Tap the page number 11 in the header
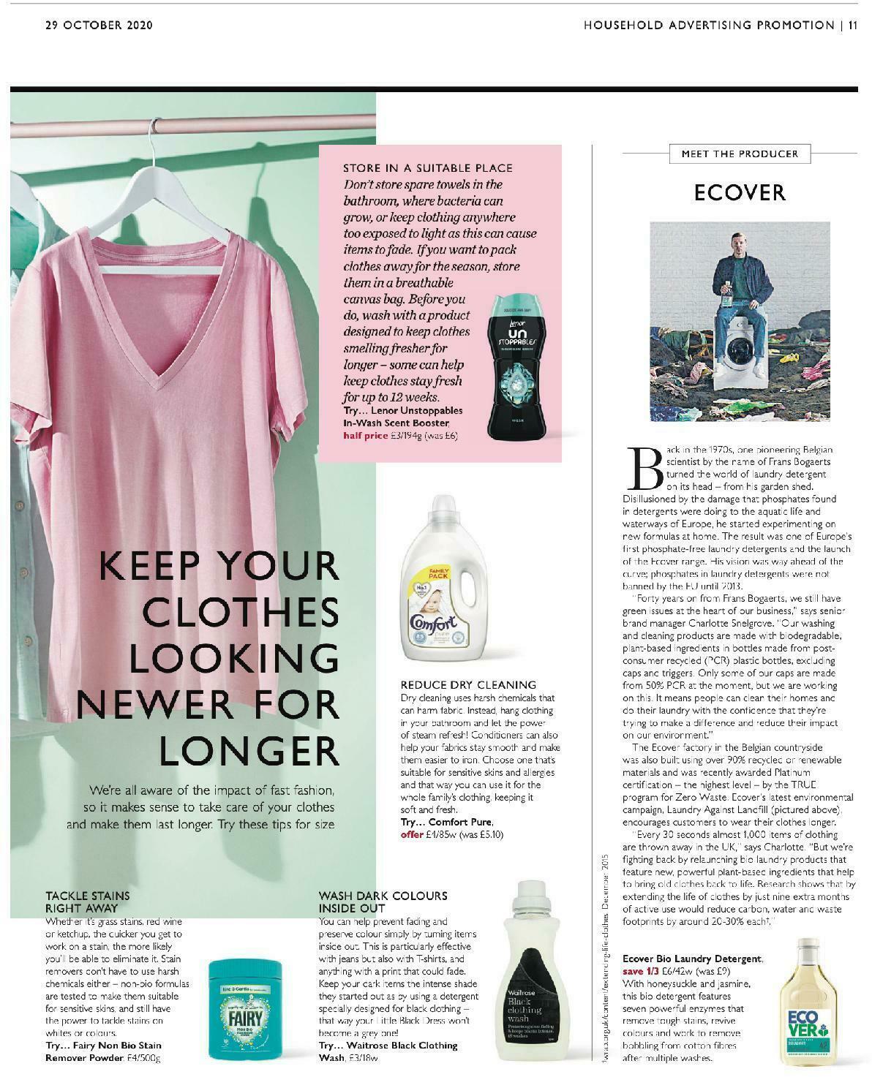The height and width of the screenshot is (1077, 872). click(x=853, y=25)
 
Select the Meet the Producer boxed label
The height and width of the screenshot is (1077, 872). click(x=739, y=154)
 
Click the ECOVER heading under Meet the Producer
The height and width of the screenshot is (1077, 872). click(x=740, y=192)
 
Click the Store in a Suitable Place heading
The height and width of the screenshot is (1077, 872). click(x=428, y=168)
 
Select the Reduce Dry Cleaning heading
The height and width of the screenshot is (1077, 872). click(x=468, y=685)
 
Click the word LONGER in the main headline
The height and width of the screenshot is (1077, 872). click(x=249, y=750)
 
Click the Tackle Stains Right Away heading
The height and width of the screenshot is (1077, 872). click(x=88, y=902)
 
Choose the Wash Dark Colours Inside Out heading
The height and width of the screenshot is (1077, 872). click(x=383, y=902)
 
